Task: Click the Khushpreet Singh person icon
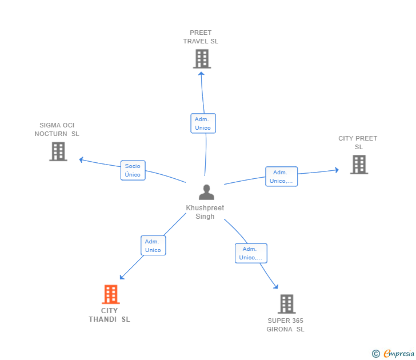coord(206,192)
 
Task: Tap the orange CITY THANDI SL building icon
coord(110,294)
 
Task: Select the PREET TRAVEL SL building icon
coord(202,58)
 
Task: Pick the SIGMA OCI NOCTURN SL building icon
coord(58,151)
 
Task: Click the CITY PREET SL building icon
coord(359,165)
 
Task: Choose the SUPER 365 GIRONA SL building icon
coord(286,304)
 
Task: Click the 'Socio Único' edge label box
coord(133,170)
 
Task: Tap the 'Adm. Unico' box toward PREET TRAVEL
coord(203,123)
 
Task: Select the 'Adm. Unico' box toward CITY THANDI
coord(153,246)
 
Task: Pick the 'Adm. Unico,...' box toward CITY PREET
coord(281,177)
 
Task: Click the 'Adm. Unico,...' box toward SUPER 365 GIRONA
coord(251,253)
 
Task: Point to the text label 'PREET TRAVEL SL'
coord(201,37)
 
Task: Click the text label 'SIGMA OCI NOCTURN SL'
coord(57,129)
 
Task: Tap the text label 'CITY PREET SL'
coord(358,142)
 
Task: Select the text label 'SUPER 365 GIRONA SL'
coord(285,325)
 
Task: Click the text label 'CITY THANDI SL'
coord(109,315)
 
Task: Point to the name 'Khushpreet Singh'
coord(205,212)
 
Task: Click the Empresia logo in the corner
coord(399,354)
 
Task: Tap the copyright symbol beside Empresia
coord(376,354)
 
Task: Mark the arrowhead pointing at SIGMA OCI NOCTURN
coord(82,159)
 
